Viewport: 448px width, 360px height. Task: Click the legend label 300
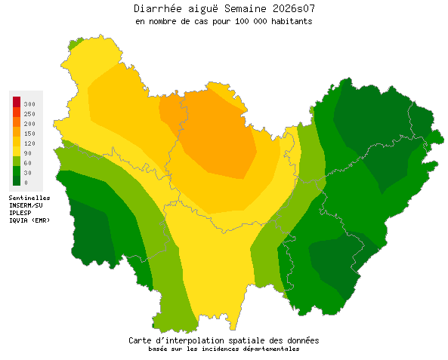tap(29, 103)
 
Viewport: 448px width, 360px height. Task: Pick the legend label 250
tap(29, 113)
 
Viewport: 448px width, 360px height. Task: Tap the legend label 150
tap(29, 133)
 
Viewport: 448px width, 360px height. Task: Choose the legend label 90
tap(27, 152)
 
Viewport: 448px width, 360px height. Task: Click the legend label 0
tap(26, 182)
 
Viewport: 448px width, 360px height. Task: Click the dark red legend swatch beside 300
tap(16, 102)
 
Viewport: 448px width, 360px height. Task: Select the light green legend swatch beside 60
tap(16, 162)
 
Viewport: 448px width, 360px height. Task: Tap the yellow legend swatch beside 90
tap(16, 152)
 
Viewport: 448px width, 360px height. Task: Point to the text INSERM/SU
tap(26, 205)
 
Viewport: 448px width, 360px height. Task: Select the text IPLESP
tap(20, 213)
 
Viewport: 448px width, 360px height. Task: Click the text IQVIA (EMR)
tap(29, 220)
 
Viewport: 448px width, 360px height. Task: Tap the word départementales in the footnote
tap(271, 349)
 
